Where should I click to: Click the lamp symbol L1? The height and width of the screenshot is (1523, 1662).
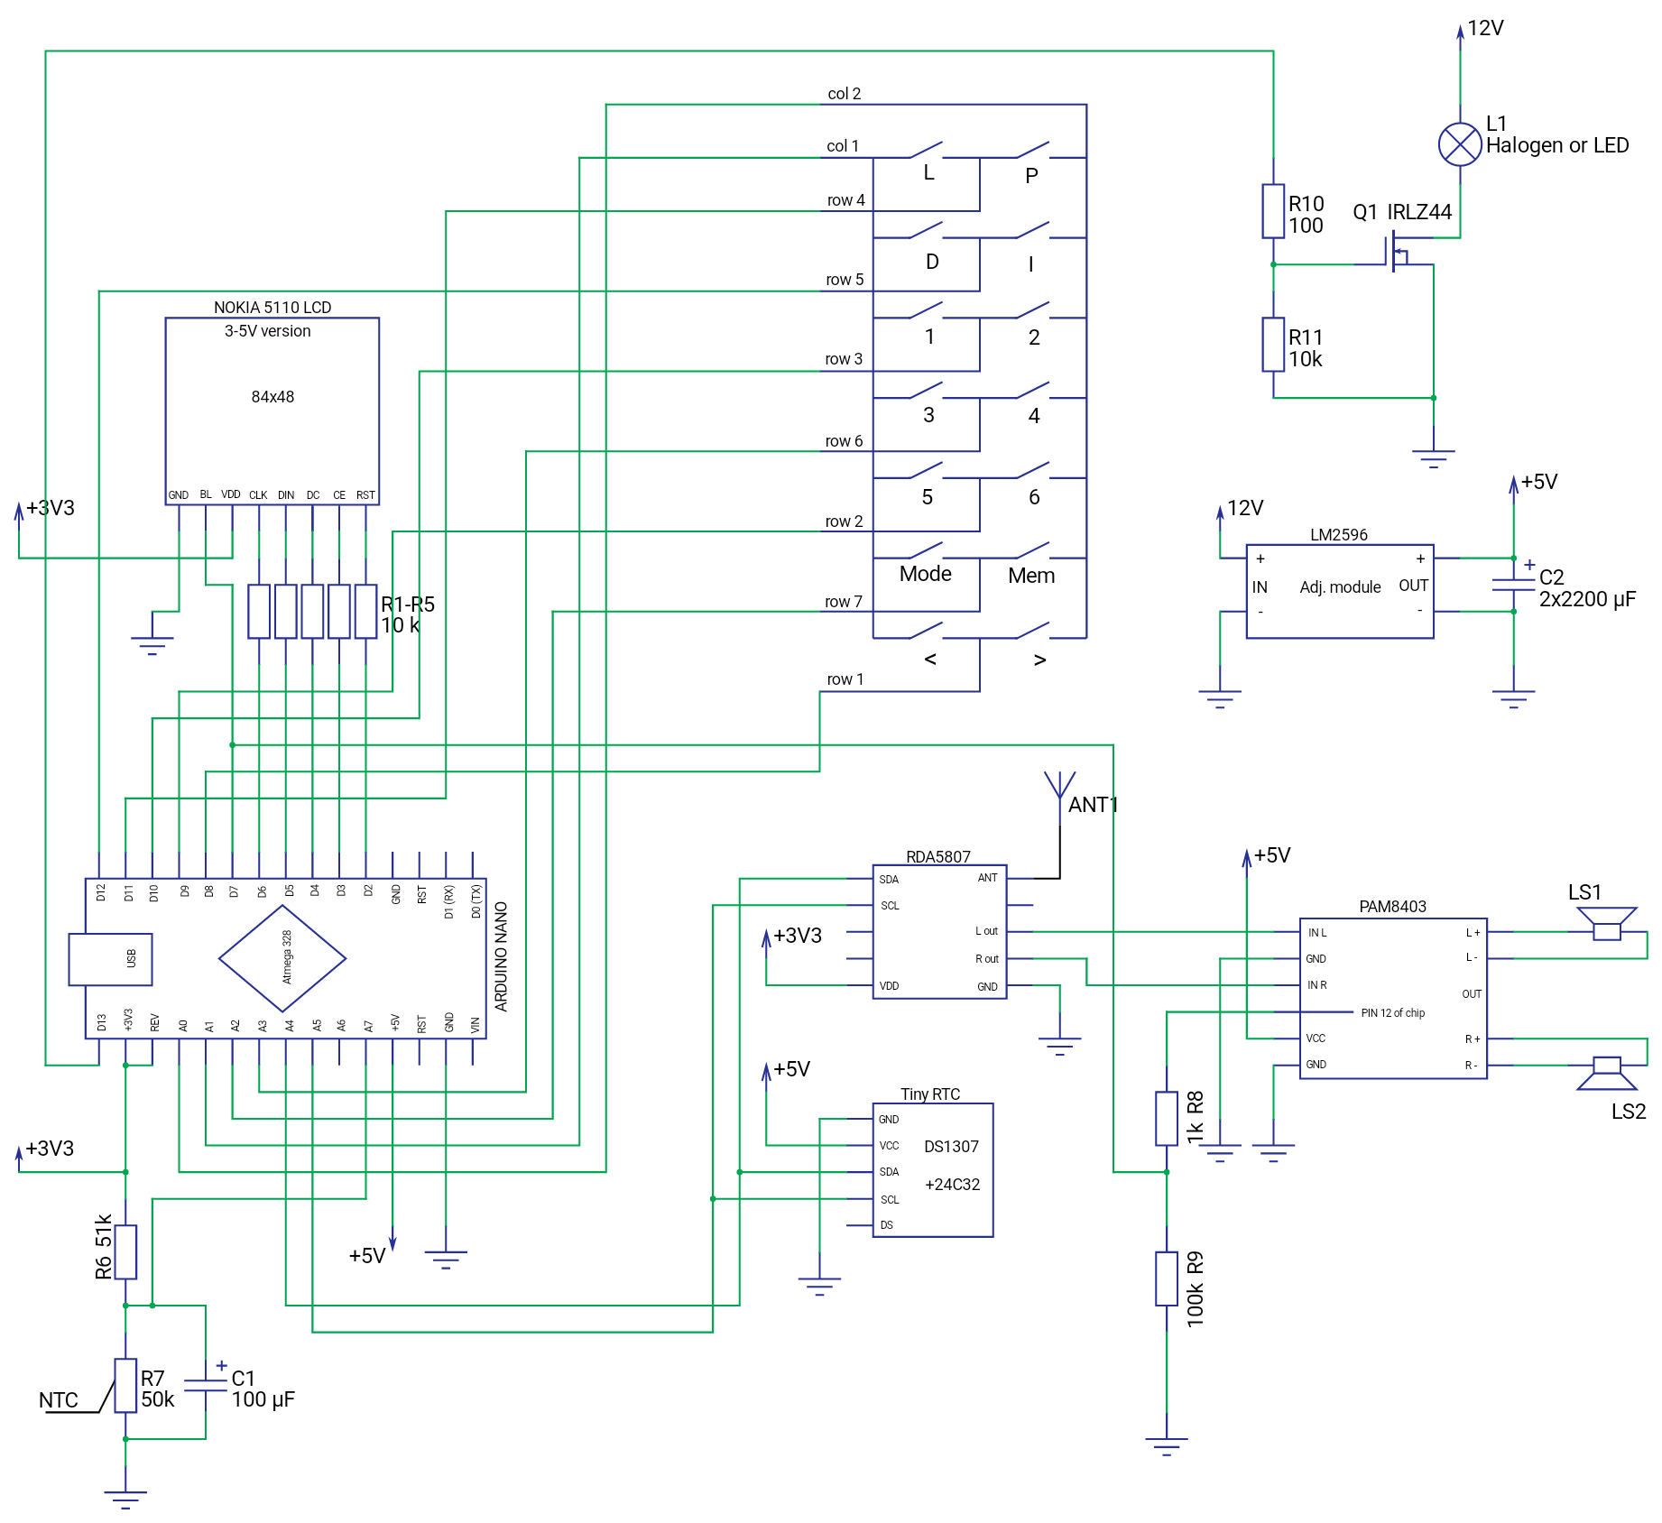coord(1459,144)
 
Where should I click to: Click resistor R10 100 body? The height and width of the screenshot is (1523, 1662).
coord(1272,211)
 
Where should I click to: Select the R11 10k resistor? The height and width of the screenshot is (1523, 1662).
coord(1272,344)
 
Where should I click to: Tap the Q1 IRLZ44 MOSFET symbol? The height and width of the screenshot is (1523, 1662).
coord(1398,252)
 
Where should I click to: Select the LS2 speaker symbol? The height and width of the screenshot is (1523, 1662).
coord(1606,1072)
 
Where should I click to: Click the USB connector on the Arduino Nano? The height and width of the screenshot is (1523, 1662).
coord(110,958)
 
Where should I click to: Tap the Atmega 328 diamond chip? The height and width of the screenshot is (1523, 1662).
coord(282,958)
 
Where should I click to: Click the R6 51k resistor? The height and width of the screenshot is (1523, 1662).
coord(125,1251)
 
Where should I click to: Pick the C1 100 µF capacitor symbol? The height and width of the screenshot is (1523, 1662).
coord(206,1386)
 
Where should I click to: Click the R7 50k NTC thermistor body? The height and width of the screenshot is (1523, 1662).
coord(125,1385)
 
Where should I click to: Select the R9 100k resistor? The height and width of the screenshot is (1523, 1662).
coord(1166,1278)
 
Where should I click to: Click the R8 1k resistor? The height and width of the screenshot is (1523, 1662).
coord(1166,1119)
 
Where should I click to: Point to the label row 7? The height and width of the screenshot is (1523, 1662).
coord(843,602)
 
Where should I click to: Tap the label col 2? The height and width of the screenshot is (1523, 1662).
coord(844,94)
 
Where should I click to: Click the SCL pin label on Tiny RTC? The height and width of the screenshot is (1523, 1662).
coord(890,1199)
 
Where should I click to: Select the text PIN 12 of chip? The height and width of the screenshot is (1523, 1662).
coord(1392,1013)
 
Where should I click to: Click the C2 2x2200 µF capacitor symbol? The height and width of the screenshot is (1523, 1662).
coord(1513,585)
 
